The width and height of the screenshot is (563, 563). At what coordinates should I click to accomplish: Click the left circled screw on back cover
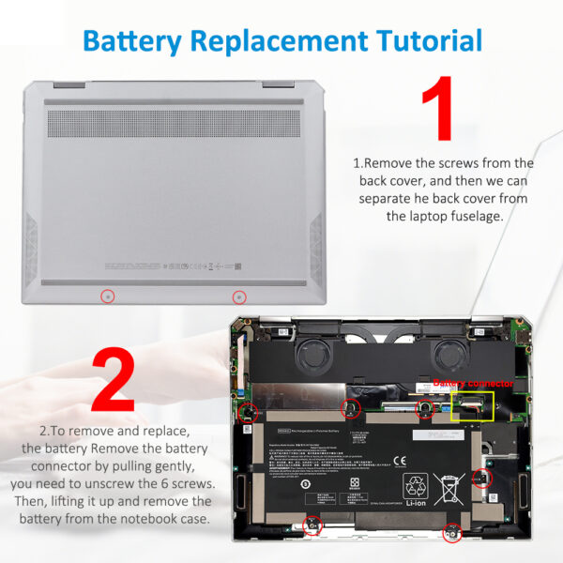tap(108, 297)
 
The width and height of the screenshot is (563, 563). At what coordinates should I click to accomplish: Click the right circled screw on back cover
tap(239, 297)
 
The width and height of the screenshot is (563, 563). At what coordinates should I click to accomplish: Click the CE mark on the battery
tap(399, 461)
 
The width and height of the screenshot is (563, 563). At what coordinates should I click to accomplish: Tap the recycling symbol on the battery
tap(417, 487)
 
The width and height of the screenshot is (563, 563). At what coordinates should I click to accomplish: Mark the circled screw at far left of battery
tap(250, 412)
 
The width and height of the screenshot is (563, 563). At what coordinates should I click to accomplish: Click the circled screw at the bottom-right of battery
tap(451, 533)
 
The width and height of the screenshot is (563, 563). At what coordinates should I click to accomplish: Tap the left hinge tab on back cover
tap(67, 84)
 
